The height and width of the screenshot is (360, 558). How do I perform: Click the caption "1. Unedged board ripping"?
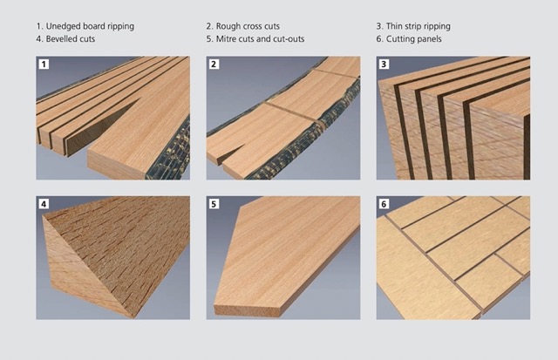coord(85,26)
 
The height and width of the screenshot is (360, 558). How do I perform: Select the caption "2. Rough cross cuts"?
coord(242,26)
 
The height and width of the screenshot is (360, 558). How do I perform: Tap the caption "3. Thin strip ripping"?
coord(413,26)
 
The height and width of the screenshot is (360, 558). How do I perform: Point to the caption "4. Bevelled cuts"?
coord(65,38)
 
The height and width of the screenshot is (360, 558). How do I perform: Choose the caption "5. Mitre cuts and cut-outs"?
coord(255,38)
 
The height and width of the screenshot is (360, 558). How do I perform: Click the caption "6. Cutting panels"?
coord(409,39)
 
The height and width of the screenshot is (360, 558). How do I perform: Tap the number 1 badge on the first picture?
coord(44,65)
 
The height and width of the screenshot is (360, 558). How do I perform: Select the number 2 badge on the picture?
coord(214,65)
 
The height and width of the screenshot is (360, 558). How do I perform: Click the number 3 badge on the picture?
coord(384,65)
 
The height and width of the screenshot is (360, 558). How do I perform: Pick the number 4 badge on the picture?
coord(44,204)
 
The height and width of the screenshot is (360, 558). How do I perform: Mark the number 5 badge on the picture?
coord(214,204)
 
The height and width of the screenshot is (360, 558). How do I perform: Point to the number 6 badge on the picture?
coord(384,204)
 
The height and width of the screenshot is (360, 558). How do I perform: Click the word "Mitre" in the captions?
coord(226,38)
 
